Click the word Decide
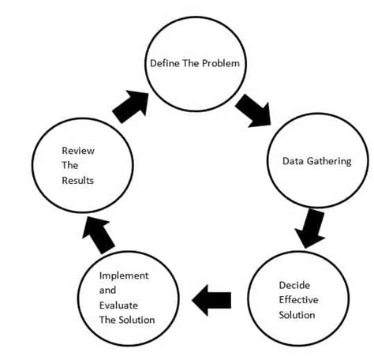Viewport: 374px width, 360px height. click(x=294, y=285)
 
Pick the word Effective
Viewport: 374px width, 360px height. click(x=298, y=300)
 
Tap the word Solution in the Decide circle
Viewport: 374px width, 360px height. click(x=297, y=315)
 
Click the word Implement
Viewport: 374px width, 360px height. click(x=124, y=276)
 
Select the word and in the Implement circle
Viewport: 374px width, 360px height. click(x=107, y=291)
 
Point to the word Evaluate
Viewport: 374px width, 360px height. click(x=118, y=306)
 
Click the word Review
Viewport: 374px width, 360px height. click(x=78, y=151)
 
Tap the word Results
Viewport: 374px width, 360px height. click(x=77, y=181)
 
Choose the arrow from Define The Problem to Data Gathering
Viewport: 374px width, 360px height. click(x=253, y=111)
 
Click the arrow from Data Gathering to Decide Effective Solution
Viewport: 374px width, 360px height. click(x=310, y=228)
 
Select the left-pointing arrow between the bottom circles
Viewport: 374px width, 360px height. click(x=211, y=300)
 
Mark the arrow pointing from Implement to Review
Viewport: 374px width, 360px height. click(x=98, y=234)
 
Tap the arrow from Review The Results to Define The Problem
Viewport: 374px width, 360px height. click(x=131, y=107)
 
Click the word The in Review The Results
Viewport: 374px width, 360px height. click(x=70, y=166)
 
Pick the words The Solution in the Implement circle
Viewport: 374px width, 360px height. click(x=127, y=320)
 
